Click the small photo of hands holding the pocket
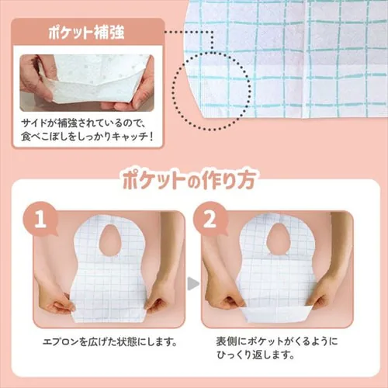87,81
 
